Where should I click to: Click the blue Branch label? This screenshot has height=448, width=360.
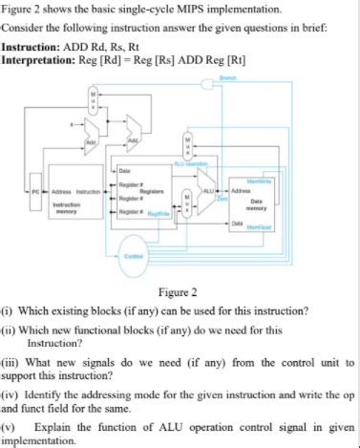click(254, 78)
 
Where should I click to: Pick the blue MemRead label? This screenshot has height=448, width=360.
click(260, 227)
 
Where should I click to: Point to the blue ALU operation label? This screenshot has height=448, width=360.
click(191, 164)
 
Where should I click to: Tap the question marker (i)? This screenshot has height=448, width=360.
click(9, 311)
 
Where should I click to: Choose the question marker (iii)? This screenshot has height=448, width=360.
click(11, 363)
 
